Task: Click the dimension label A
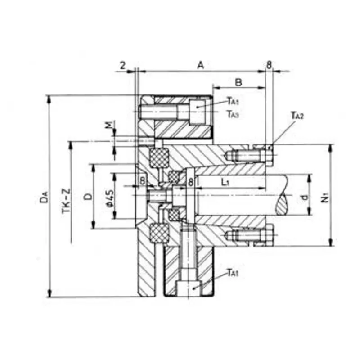click(201, 66)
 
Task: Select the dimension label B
click(239, 82)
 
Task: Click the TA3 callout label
click(233, 114)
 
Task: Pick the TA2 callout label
click(297, 117)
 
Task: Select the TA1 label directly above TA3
click(233, 101)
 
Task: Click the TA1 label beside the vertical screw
click(233, 272)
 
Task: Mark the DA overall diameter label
click(43, 197)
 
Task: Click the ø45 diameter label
click(110, 197)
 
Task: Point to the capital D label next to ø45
click(89, 197)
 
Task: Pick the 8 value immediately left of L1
click(191, 182)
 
